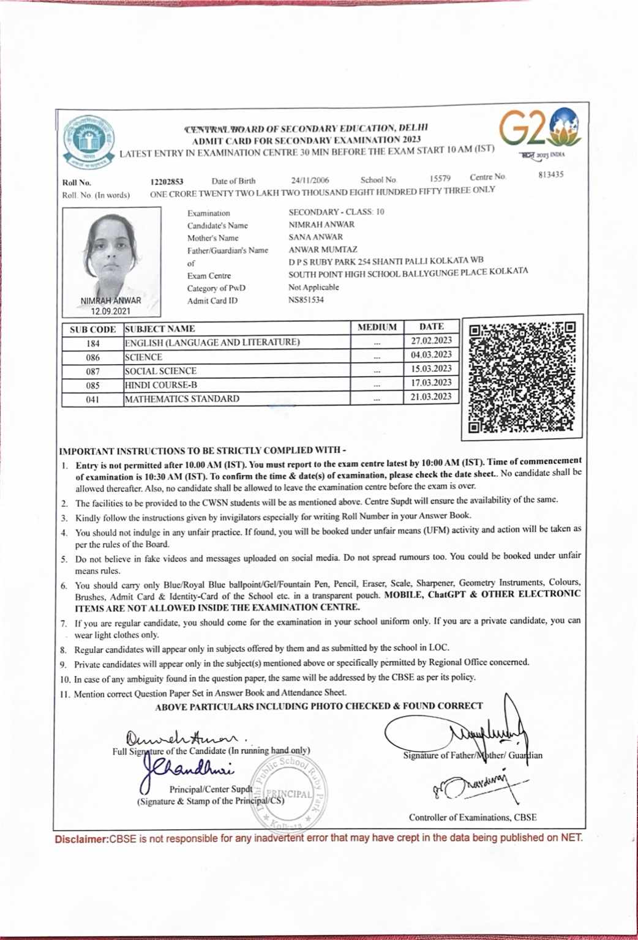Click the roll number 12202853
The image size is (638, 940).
[x=167, y=182]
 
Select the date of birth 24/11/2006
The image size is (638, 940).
[x=310, y=181]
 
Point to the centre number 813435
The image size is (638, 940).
[x=551, y=175]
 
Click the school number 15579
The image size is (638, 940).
[x=440, y=179]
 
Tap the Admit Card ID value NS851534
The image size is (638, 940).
[x=306, y=300]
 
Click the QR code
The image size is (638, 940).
[x=522, y=377]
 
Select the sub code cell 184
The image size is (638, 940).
[x=93, y=343]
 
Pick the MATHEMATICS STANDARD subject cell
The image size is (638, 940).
[x=182, y=399]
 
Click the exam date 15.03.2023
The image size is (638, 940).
[x=431, y=369]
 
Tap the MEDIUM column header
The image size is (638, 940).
[x=377, y=327]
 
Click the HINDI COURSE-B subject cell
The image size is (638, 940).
[x=161, y=386]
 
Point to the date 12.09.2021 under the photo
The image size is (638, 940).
[x=111, y=311]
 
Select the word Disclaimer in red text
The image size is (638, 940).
[x=81, y=840]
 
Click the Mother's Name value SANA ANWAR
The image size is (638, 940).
[x=316, y=237]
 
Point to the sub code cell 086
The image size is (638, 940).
[x=93, y=357]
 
